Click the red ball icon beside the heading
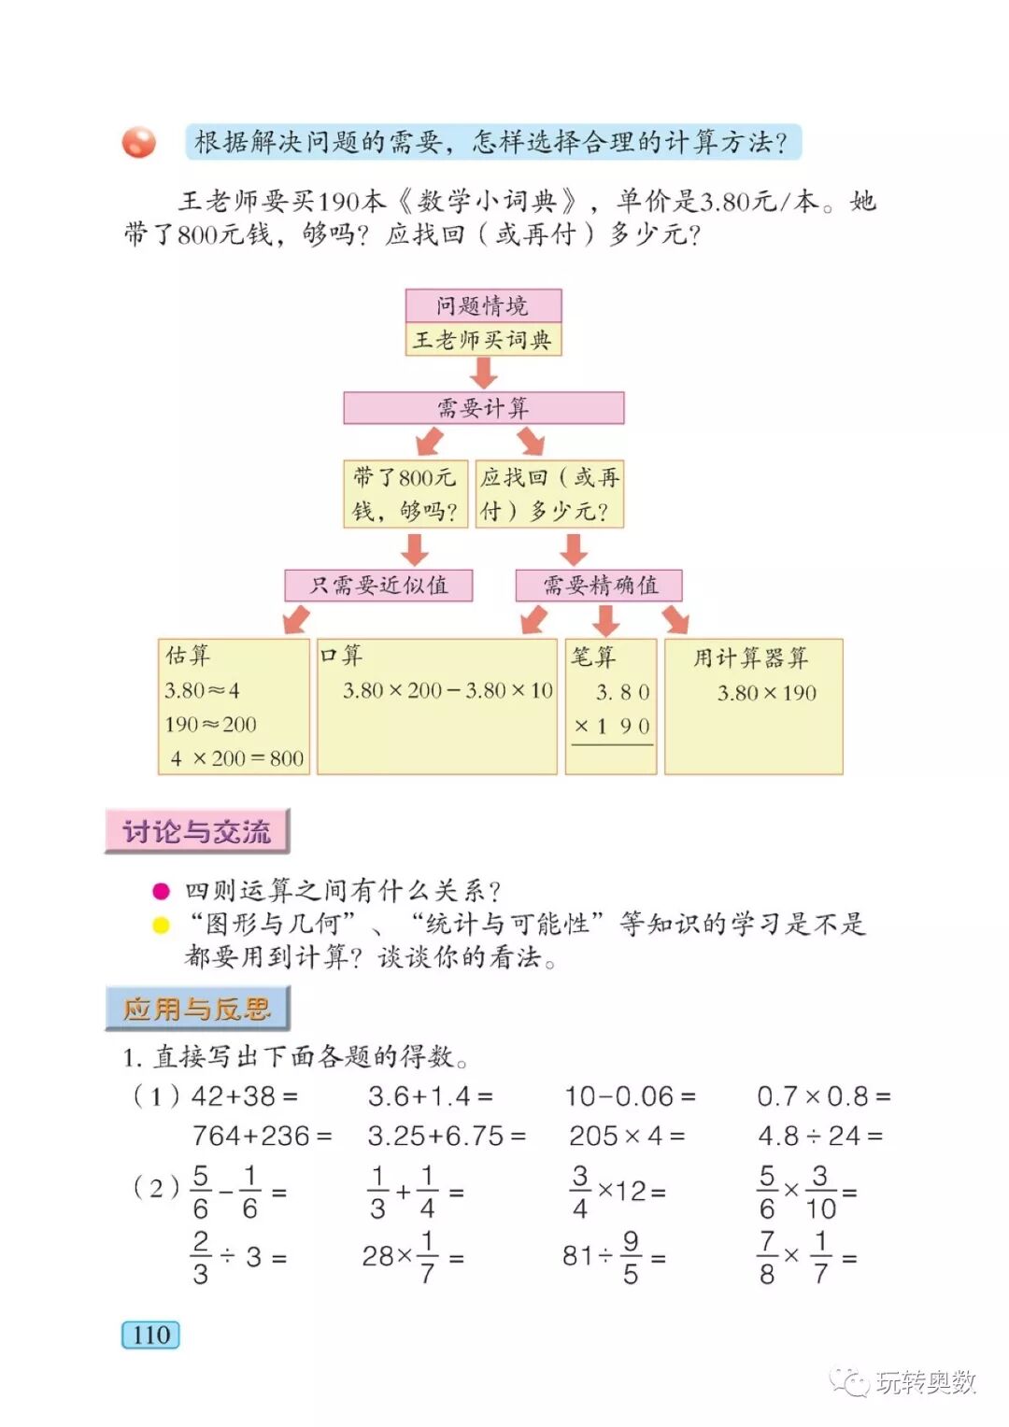tap(139, 142)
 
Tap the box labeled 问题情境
tap(483, 305)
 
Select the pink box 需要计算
tap(483, 408)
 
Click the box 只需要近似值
tap(378, 586)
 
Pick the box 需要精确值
tap(600, 586)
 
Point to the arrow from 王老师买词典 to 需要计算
tap(483, 373)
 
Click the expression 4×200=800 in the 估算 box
tap(237, 758)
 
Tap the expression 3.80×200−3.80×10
tap(448, 690)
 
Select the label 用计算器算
tap(750, 657)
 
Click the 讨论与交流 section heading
tap(197, 831)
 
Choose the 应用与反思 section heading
tap(197, 1009)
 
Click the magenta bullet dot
tap(161, 891)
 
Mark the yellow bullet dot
tap(161, 925)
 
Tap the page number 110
tap(150, 1335)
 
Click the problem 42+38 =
tap(245, 1095)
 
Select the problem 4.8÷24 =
tap(820, 1136)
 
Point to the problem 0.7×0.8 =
tap(823, 1095)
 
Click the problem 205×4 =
tap(627, 1136)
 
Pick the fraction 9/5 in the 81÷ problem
tap(631, 1257)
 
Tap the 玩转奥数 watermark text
tap(925, 1382)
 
